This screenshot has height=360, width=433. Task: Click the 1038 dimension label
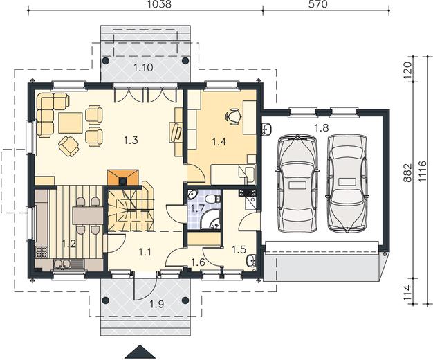160,4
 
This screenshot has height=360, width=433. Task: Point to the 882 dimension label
407,173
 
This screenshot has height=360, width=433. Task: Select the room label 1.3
131,141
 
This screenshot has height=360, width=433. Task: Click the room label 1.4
219,141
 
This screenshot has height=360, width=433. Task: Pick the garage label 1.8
322,128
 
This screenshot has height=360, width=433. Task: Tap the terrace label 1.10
143,67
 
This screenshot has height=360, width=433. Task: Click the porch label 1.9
157,305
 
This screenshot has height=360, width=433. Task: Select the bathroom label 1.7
198,208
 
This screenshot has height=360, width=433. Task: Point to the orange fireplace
122,177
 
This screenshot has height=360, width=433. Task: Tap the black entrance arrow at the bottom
140,352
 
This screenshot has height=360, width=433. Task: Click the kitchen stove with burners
42,251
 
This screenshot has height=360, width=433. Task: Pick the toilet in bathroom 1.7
213,199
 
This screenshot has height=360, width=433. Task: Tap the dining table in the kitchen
88,216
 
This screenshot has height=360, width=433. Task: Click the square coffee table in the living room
70,123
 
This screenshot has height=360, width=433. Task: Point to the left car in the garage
297,183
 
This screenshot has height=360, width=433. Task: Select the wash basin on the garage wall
267,129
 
